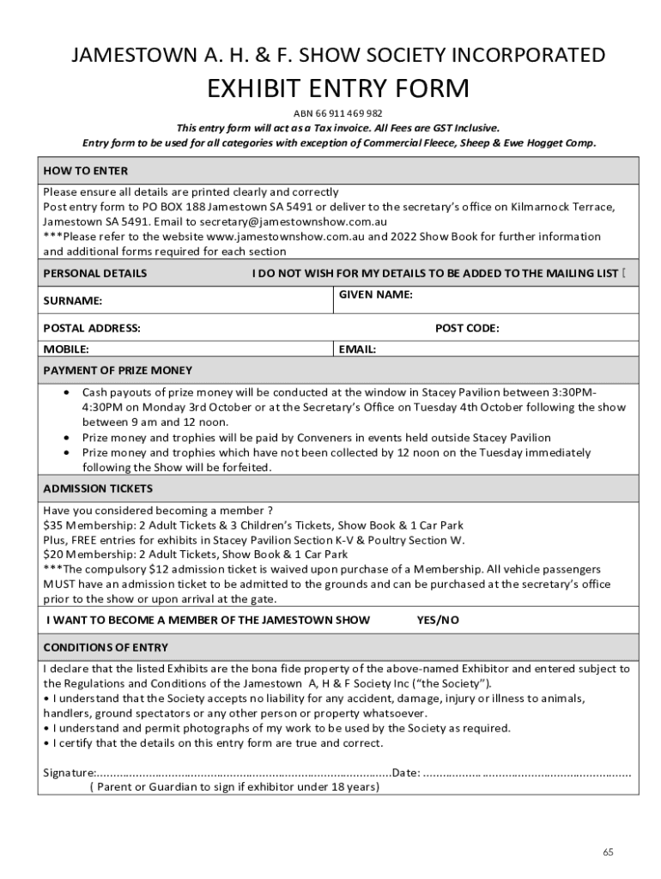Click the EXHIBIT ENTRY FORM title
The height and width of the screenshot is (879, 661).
coord(338,88)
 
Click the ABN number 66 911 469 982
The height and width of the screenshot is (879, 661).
coord(338,113)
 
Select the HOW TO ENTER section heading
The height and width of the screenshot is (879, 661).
coord(86,171)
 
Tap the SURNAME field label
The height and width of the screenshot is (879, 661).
coord(73,300)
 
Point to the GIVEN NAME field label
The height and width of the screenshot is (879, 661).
coord(375,294)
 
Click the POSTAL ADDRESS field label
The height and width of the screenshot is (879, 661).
coord(92,328)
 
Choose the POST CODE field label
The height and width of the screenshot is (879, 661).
coord(467,328)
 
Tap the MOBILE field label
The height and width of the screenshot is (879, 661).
coord(66,349)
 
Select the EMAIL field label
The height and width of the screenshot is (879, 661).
coord(357,349)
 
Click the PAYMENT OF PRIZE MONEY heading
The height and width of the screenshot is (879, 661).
coord(118,370)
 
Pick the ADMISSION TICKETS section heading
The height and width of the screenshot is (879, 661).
coord(98,488)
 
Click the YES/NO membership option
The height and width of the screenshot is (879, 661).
coord(438,620)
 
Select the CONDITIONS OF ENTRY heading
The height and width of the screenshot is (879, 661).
coord(106,647)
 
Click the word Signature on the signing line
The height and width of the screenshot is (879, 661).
coord(69,773)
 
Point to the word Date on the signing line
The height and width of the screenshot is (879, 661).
coord(405,773)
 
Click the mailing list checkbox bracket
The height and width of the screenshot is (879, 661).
coord(623,273)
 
